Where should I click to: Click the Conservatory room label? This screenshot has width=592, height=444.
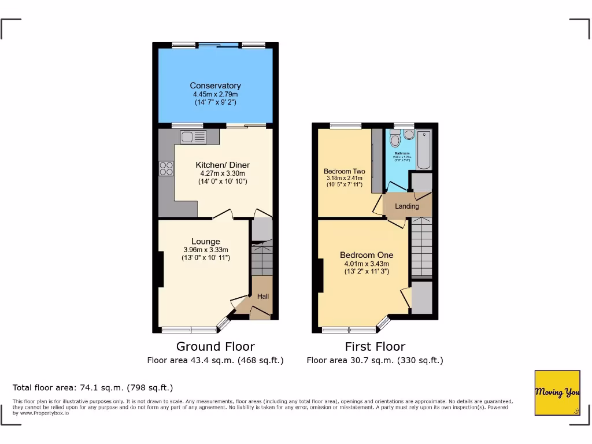215,86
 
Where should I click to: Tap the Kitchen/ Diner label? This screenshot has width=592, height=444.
223,165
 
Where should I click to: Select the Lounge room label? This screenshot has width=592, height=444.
206,242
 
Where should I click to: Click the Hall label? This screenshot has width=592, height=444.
263,297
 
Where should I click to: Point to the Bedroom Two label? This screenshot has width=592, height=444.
344,172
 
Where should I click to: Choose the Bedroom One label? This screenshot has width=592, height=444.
367,255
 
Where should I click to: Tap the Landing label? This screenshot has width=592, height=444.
406,206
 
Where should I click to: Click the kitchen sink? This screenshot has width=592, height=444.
193,138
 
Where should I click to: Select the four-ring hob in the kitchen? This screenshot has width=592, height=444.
166,168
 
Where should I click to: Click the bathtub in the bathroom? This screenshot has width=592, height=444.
424,150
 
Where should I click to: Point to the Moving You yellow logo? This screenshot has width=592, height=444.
557,393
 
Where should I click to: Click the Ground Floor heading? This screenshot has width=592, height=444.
215,347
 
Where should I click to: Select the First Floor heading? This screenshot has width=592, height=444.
375,347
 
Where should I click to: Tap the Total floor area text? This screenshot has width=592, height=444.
93,388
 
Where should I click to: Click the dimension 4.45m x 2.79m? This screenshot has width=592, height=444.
215,94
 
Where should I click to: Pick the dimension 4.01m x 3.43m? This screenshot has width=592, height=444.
367,263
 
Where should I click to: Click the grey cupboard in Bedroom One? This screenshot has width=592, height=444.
421,298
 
